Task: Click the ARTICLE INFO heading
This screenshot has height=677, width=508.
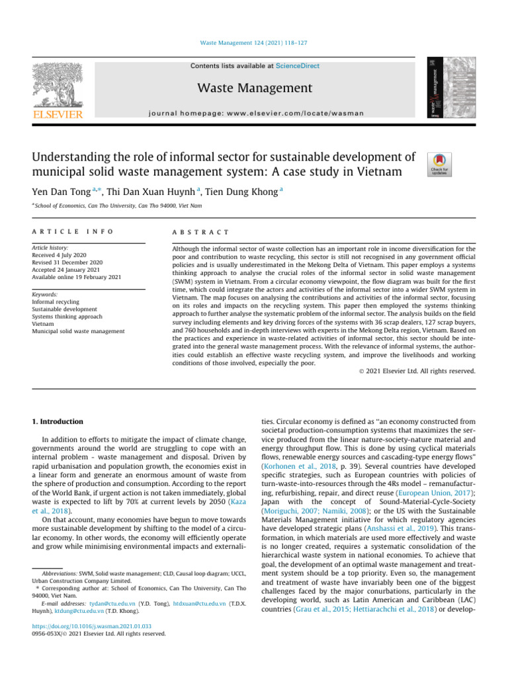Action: pyautogui.click(x=73, y=232)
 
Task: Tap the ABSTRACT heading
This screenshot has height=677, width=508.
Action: pyautogui.click(x=200, y=232)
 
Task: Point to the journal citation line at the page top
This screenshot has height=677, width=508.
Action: pyautogui.click(x=253, y=43)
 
